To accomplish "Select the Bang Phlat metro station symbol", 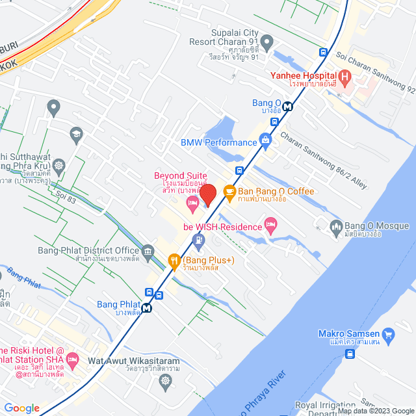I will tap(148, 309).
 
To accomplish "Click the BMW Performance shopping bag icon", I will tap(265, 139).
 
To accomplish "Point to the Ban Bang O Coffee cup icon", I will tap(229, 191).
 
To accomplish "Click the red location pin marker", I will tap(207, 194).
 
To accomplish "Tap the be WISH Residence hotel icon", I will tap(271, 226).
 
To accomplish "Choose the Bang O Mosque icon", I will tap(336, 226).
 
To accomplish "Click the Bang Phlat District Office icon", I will tap(148, 251).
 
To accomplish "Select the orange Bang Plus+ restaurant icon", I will tap(174, 261).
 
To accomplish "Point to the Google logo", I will tap(21, 408).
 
